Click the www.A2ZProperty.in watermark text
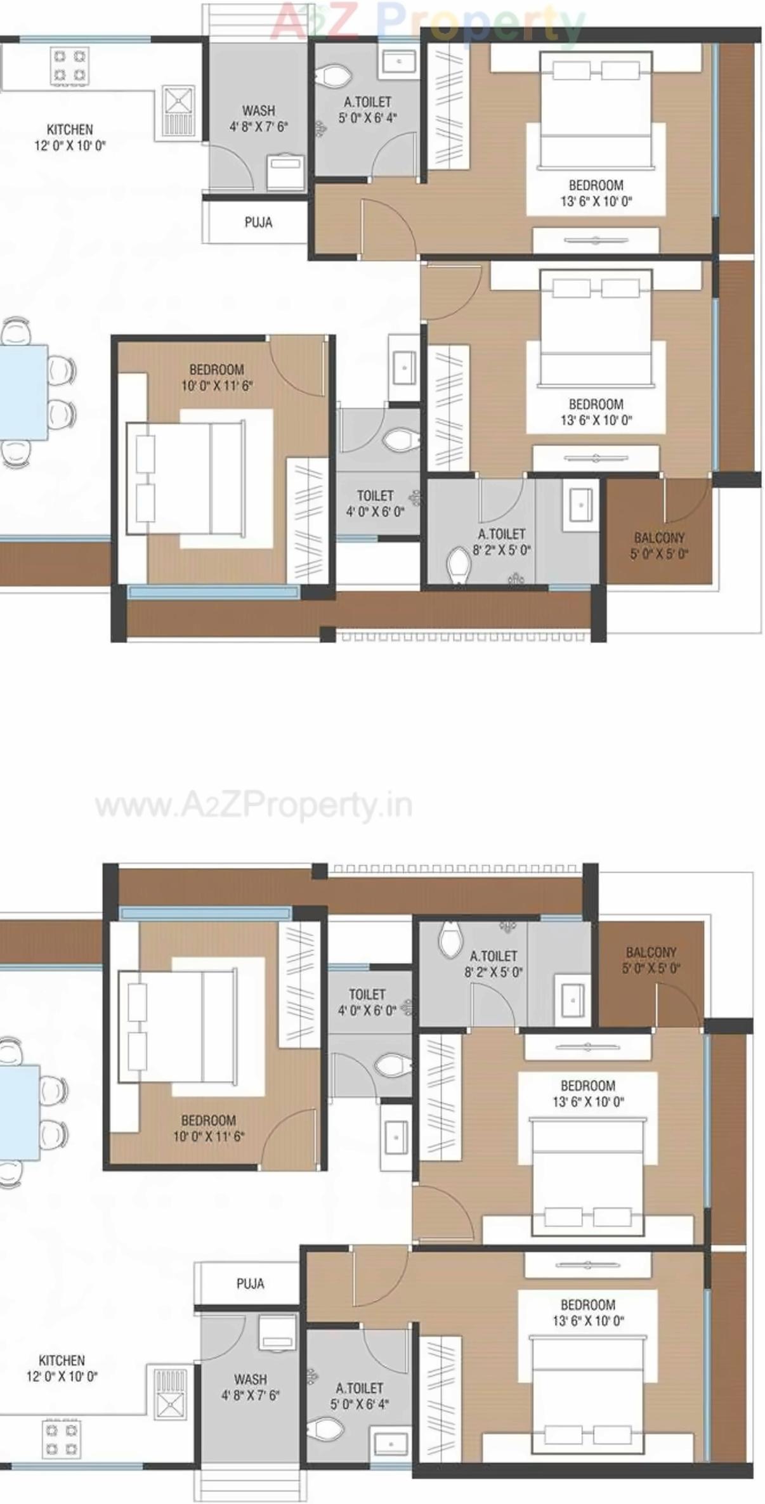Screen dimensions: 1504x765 (x=254, y=806)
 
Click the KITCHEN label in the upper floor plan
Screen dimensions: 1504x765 (x=70, y=129)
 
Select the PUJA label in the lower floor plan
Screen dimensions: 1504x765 (x=250, y=1283)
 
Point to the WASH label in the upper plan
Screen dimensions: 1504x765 (x=258, y=111)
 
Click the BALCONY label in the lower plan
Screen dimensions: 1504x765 (x=651, y=952)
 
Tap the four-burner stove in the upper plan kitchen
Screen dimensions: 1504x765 (x=69, y=66)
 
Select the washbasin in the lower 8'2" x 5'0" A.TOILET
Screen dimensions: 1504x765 (x=572, y=1000)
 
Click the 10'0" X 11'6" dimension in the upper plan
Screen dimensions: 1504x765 (x=217, y=386)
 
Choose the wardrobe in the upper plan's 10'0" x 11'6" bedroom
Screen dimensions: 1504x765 (x=307, y=520)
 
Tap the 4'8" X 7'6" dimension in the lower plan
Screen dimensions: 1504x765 (x=250, y=1395)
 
